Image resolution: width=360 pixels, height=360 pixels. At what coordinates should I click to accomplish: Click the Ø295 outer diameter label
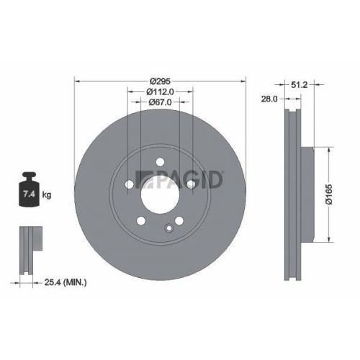tap(160, 80)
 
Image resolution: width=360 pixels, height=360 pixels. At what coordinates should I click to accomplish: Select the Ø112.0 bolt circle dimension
tap(160, 91)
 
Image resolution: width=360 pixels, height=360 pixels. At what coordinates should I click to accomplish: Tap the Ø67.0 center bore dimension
tap(160, 103)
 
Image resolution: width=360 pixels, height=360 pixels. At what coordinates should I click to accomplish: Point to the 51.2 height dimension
tap(300, 84)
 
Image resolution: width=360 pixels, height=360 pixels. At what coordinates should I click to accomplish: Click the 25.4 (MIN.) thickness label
tap(64, 284)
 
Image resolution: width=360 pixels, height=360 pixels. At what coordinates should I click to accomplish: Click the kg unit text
tap(47, 195)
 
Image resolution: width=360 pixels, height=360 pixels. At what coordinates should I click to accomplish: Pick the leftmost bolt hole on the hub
tap(129, 184)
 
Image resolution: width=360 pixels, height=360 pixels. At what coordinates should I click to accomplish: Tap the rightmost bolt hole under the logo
tap(191, 184)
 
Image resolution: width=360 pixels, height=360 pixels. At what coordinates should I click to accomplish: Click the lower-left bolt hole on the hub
tap(141, 220)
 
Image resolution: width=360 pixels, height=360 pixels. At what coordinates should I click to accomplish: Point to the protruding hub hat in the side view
tap(307, 194)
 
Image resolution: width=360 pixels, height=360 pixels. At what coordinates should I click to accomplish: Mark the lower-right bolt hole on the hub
tap(179, 220)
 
